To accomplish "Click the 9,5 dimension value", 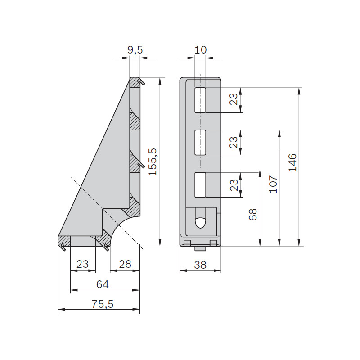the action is [135, 50].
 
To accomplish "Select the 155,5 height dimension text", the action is [153, 162].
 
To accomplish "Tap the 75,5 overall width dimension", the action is [103, 304].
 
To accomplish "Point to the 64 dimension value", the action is [103, 284].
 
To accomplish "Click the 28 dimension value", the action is [125, 264].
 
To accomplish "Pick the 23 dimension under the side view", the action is [82, 264].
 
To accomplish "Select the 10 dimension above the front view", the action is [200, 50].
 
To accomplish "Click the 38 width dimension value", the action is [200, 265].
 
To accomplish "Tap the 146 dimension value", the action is [292, 162].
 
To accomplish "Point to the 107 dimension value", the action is [273, 184].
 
